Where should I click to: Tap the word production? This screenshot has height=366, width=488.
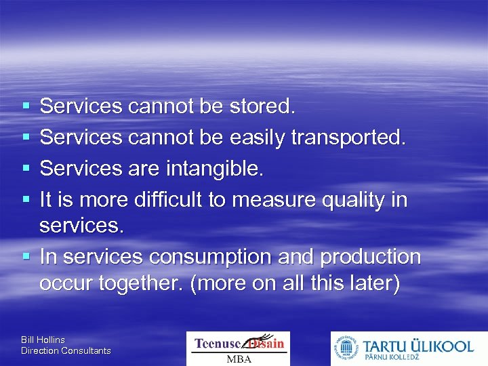tap(370, 258)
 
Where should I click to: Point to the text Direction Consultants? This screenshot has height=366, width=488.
tap(66, 350)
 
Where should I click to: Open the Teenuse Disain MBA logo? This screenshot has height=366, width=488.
tap(238, 348)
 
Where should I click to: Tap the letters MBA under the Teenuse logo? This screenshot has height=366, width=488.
tap(239, 359)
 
